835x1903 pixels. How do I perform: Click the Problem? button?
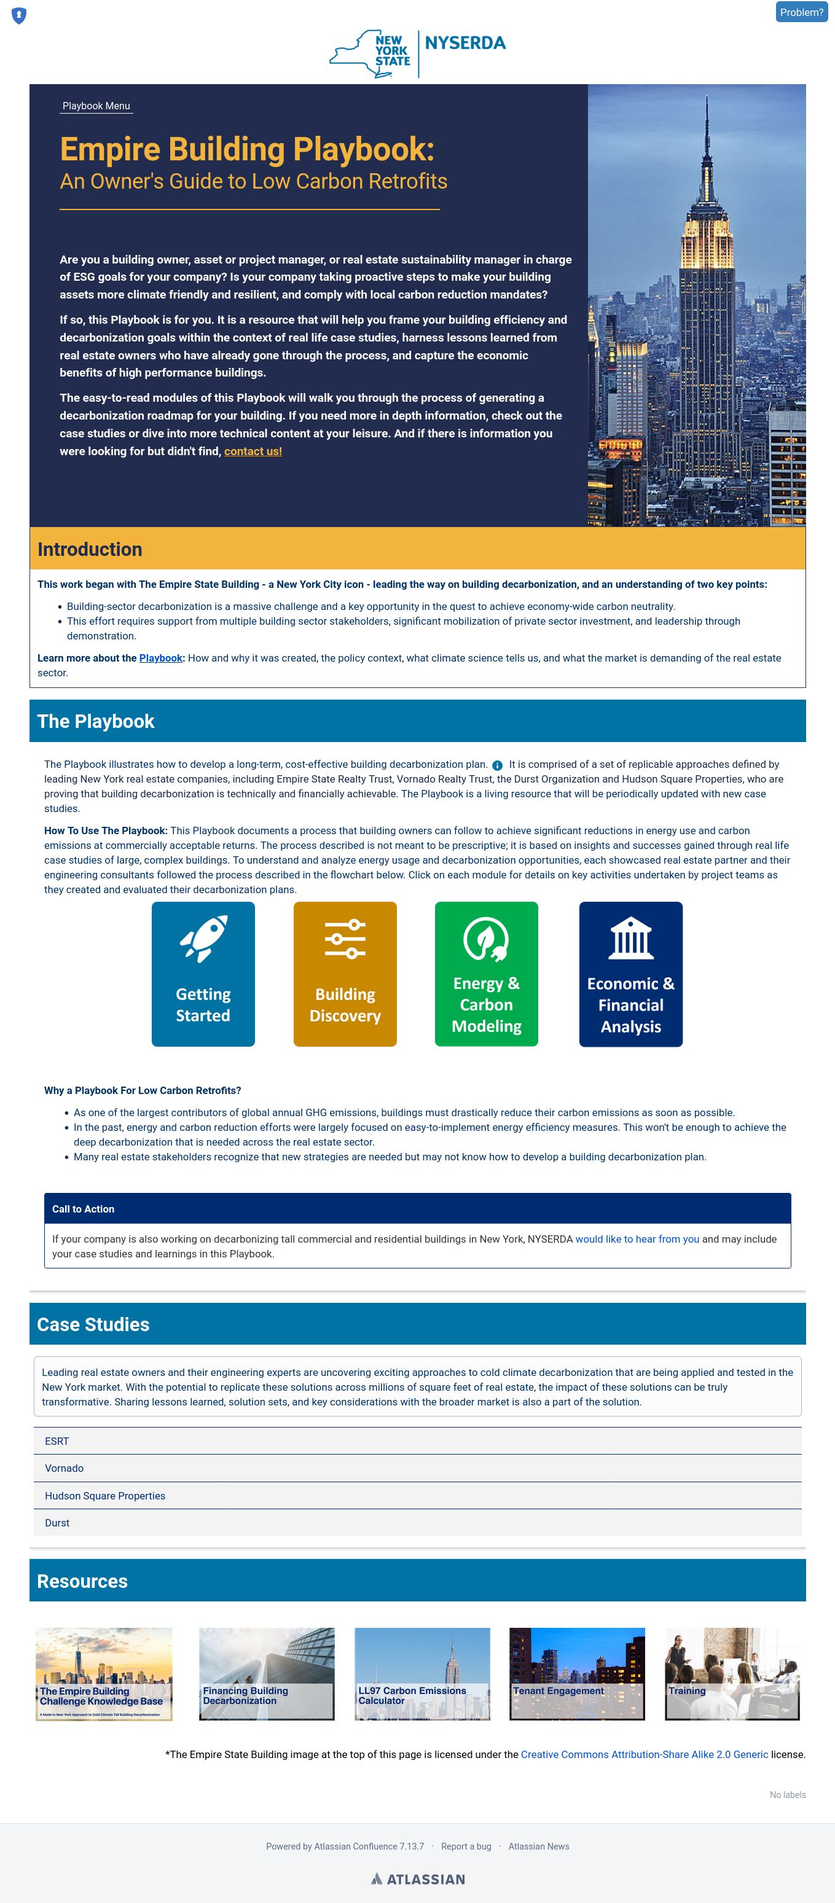coord(801,12)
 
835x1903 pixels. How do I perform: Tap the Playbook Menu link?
coord(96,106)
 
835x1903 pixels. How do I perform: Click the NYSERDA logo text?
coord(466,43)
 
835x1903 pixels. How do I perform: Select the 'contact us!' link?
coord(253,451)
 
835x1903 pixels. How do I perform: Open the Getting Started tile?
coord(203,974)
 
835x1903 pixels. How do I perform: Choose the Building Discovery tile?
coord(345,974)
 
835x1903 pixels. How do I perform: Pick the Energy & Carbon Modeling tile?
coord(486,974)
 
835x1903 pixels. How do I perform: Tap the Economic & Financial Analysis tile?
coord(630,974)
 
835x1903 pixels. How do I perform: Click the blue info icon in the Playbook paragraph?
coord(497,765)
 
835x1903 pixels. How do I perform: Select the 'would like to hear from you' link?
coord(637,1239)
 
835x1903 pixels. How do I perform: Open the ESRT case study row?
coord(418,1441)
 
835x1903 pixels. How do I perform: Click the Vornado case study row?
coord(418,1469)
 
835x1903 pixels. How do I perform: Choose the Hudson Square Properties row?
coord(418,1496)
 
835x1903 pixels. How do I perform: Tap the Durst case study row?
coord(418,1523)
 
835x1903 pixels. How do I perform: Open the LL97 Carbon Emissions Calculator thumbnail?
coord(422,1673)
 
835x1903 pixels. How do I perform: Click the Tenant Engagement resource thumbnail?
coord(577,1673)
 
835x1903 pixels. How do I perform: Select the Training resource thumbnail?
coord(732,1673)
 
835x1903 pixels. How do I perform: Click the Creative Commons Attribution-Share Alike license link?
coord(645,1754)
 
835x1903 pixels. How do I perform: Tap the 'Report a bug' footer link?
coord(466,1846)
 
